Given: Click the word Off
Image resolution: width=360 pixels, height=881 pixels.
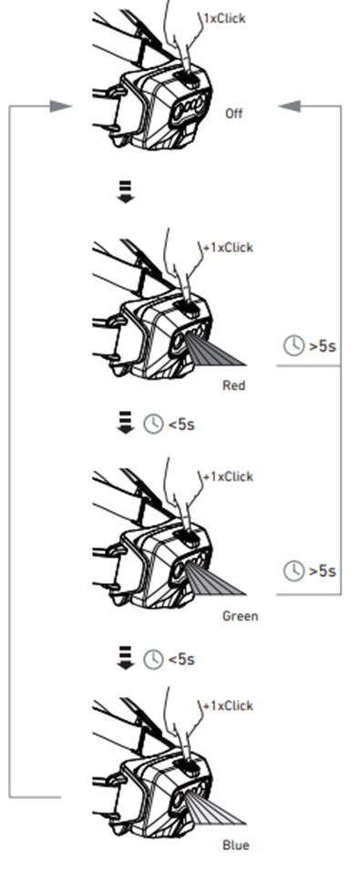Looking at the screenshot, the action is [x=233, y=114].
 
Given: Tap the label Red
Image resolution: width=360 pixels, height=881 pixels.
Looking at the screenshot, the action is [x=234, y=385].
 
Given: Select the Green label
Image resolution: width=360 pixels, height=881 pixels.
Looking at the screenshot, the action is [x=241, y=616].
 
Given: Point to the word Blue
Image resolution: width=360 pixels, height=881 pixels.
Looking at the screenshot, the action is [x=236, y=845].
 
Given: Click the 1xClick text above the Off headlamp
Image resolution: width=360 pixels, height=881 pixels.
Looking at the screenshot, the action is [x=224, y=18].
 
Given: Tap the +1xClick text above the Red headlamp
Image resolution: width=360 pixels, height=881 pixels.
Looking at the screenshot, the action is [x=228, y=247].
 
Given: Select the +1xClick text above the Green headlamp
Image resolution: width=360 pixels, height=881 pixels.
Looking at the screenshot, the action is [x=228, y=476].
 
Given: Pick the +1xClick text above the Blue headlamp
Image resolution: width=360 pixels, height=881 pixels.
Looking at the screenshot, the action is [x=228, y=706].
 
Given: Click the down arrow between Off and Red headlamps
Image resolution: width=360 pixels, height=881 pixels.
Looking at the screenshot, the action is [x=126, y=191].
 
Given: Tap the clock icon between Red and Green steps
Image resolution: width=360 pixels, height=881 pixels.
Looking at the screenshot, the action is [x=153, y=425].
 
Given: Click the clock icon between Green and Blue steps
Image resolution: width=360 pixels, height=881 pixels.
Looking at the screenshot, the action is [x=153, y=659].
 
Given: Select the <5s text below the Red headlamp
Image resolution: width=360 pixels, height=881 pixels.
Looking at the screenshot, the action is [x=181, y=425].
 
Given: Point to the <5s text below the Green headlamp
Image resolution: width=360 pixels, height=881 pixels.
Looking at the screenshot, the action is [x=181, y=659].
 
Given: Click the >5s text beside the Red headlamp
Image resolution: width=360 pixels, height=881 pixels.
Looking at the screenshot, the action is [x=323, y=345].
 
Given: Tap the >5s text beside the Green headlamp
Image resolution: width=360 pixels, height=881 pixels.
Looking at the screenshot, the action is [x=323, y=571].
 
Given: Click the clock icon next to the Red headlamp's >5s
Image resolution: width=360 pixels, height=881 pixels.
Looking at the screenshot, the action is [x=293, y=345].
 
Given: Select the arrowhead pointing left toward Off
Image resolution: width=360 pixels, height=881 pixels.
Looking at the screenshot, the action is [x=289, y=106].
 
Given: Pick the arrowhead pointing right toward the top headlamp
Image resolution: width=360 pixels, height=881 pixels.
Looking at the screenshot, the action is [x=61, y=106].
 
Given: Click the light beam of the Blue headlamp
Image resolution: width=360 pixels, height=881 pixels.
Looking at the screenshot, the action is [x=216, y=808].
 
